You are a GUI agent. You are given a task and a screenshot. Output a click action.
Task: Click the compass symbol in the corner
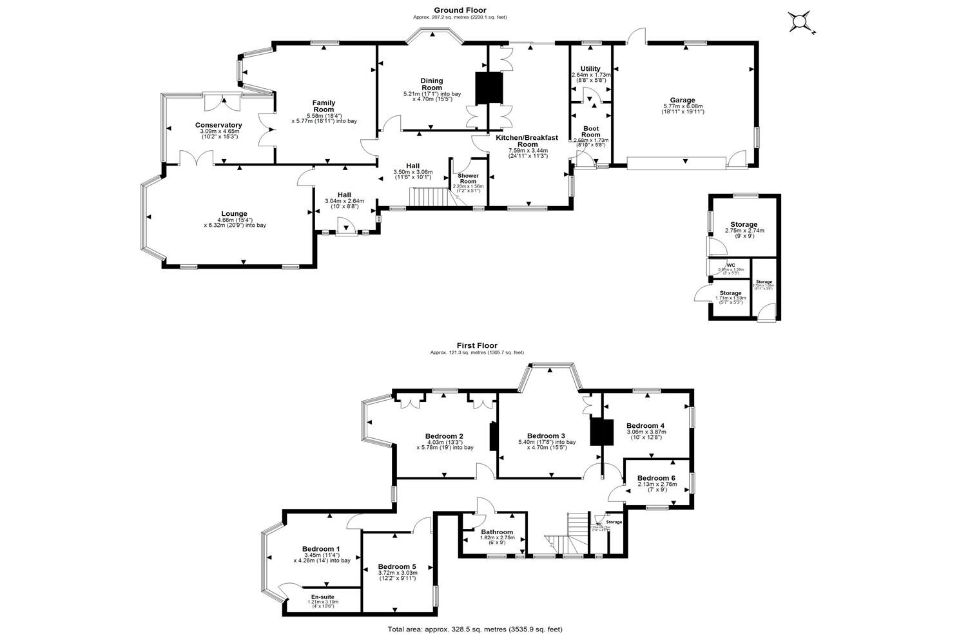coord(800,23)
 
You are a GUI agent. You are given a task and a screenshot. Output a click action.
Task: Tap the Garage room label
coord(682,100)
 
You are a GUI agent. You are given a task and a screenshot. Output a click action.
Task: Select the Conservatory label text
coord(218,125)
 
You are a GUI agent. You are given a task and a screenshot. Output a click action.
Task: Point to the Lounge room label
coord(234,214)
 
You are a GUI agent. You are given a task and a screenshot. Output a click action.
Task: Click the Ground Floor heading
coord(460,10)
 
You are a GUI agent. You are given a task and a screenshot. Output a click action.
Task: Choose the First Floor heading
coord(476,345)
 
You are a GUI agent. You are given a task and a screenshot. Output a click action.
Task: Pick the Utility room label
coord(590,69)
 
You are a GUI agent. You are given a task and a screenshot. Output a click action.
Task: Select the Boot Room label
coord(590,131)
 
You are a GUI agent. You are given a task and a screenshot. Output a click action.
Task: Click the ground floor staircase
coord(430,197)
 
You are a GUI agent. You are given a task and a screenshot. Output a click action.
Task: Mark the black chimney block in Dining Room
coord(489,88)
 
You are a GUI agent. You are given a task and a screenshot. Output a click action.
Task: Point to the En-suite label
coord(322,597)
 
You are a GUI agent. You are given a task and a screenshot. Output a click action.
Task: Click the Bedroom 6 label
coord(657,478)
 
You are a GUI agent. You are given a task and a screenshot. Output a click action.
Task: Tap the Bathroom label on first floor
coord(496,532)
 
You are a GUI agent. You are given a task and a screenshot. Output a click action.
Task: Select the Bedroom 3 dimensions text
coord(547,445)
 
